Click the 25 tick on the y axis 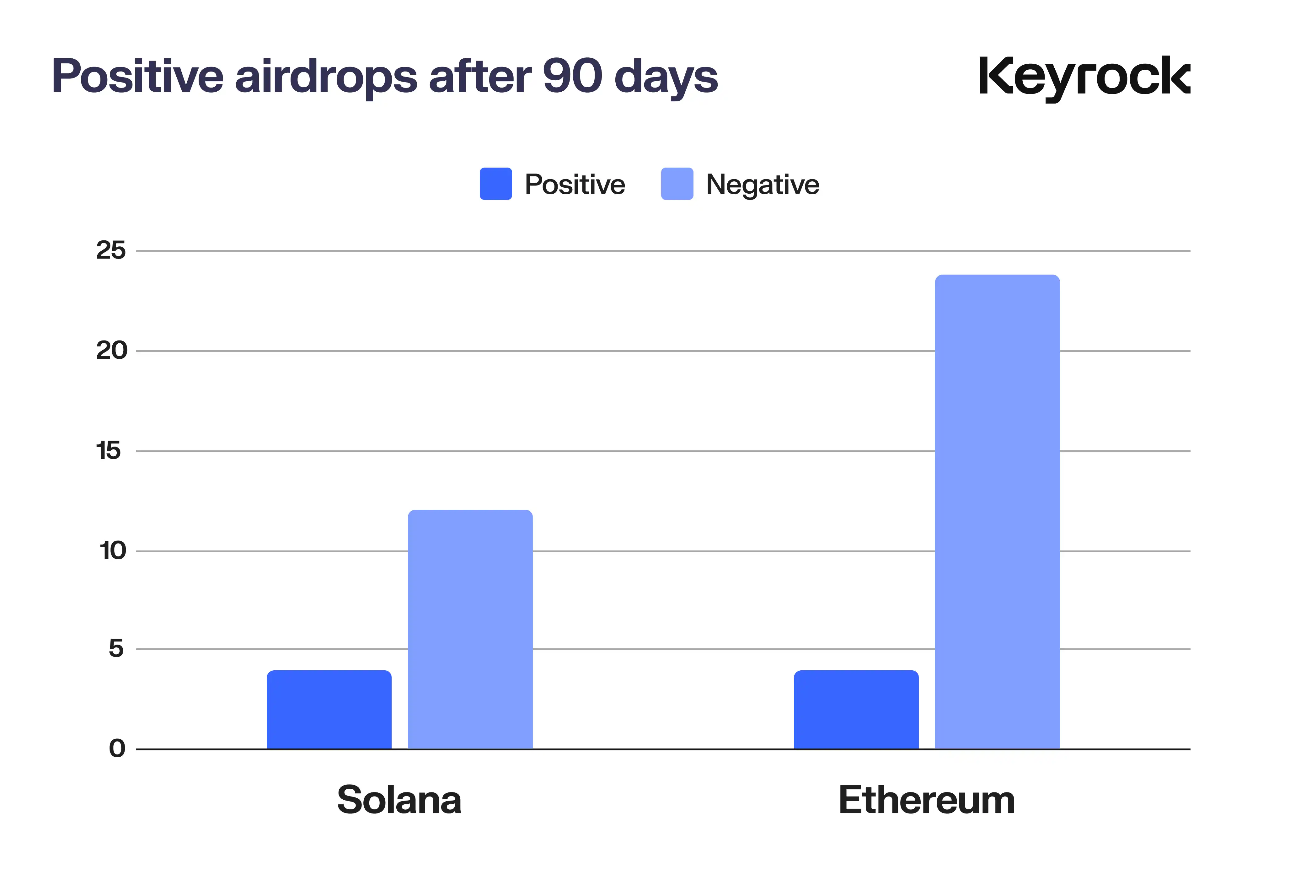(111, 251)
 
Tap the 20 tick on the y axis (112, 351)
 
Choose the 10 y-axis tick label (113, 551)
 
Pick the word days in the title (666, 78)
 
